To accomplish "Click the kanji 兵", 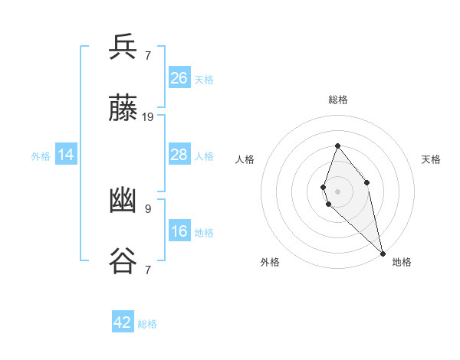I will [123, 47].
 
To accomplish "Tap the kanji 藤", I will [123, 109].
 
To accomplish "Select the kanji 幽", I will [123, 201].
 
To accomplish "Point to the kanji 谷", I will [123, 261].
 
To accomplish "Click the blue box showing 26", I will [179, 78].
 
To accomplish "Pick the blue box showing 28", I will [179, 155].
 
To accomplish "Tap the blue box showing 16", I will [179, 231].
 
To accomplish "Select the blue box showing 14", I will [66, 155].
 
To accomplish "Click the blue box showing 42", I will [123, 322].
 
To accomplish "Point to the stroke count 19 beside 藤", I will [148, 117].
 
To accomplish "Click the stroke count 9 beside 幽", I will [148, 208].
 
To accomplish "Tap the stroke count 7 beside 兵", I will [148, 55].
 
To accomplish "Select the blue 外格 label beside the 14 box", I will [41, 156].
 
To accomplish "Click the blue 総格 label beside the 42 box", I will [147, 324].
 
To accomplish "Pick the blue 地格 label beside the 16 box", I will [204, 233].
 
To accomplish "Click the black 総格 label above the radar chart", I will [338, 100].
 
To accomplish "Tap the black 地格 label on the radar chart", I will [402, 262].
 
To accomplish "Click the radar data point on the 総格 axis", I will [337, 146].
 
